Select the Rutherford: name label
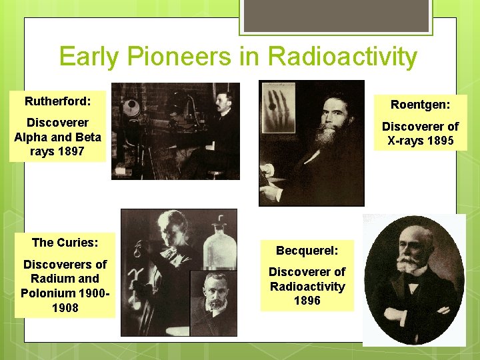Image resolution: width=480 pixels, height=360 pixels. (x=57, y=102)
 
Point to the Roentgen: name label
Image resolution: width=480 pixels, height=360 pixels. (x=420, y=105)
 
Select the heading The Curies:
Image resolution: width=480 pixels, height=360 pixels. (x=65, y=243)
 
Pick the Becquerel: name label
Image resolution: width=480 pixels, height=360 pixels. (x=307, y=251)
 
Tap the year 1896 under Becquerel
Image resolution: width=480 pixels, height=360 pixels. (x=307, y=301)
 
